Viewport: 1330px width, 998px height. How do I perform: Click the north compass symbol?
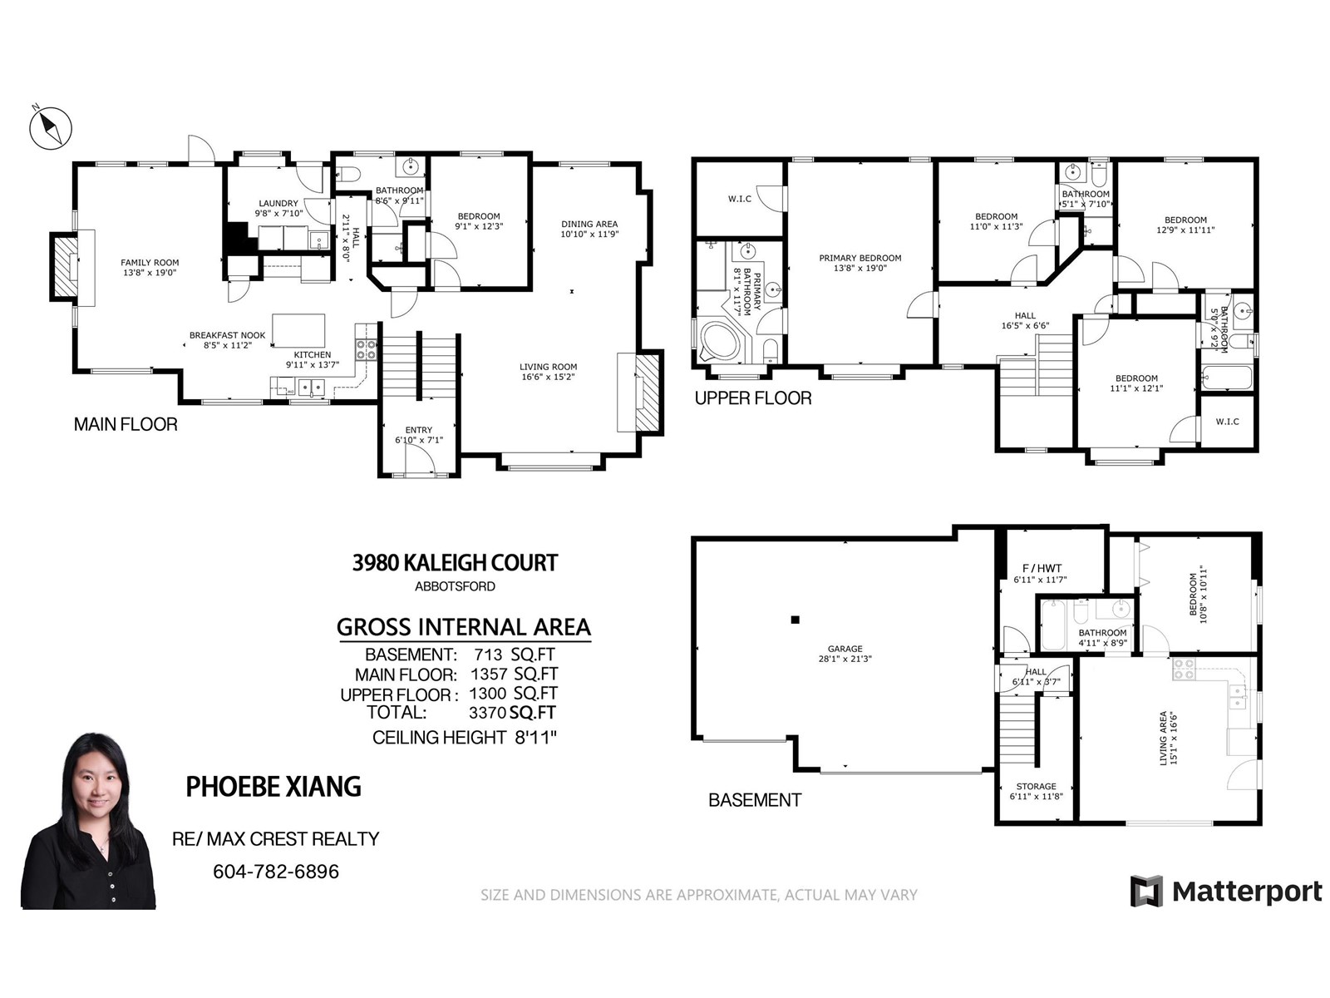coord(51,127)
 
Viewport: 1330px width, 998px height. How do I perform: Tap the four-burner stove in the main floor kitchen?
coord(366,349)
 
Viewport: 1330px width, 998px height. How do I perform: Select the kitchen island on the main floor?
coord(298,330)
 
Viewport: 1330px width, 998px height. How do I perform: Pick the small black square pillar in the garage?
coord(795,620)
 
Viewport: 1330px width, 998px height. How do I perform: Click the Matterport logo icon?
coord(1146,891)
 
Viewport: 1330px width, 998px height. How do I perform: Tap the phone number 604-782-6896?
coord(276,872)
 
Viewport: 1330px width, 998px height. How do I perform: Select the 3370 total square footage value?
coord(487,713)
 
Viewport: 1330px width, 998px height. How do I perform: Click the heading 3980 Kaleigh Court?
coord(455,563)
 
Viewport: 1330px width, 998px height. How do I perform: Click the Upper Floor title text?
coord(752,398)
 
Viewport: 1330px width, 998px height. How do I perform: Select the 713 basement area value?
coord(489,655)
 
